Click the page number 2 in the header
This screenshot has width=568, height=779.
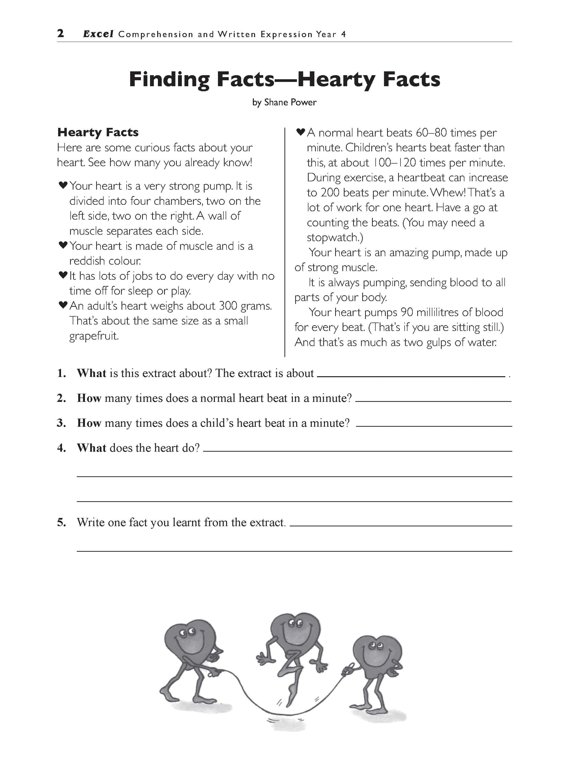[60, 33]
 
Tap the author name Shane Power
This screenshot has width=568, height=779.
[290, 102]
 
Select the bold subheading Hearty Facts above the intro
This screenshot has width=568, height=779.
[98, 132]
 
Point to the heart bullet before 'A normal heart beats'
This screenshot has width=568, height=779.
[301, 131]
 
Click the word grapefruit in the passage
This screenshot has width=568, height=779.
[94, 336]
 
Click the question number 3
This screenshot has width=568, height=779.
[62, 423]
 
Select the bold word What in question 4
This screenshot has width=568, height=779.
[91, 448]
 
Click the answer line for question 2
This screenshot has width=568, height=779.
[433, 401]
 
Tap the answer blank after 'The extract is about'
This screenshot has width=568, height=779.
[411, 377]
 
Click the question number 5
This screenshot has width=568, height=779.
[62, 522]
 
